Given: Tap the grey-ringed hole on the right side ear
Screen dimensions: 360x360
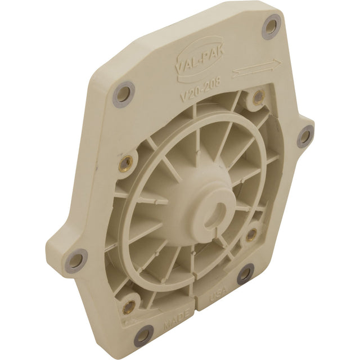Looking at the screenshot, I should pos(305,136).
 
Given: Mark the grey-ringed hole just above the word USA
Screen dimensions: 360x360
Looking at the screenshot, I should pos(245,274).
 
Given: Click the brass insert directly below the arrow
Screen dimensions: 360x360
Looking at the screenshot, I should pos(258,97).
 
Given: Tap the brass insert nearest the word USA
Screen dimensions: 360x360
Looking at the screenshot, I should pos(251,235).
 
